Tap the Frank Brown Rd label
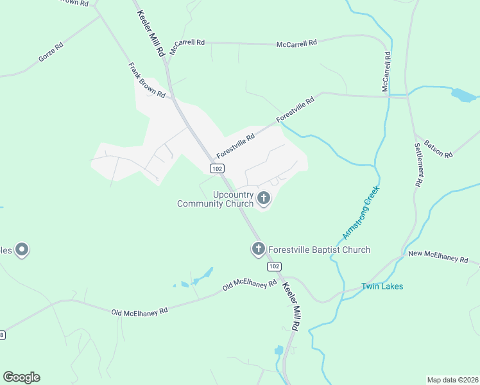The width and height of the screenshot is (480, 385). pos(146,80)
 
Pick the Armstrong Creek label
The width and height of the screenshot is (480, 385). pos(357,214)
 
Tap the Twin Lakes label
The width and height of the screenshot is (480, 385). pos(382,286)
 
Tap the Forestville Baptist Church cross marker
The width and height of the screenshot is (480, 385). pos(259,249)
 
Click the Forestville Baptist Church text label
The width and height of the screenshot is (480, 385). pos(319,250)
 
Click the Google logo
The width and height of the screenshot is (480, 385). pos(21,377)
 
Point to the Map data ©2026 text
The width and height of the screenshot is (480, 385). pos(452,379)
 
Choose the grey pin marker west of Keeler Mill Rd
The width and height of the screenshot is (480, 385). pos(22,250)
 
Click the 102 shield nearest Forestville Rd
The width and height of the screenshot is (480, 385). pos(217,168)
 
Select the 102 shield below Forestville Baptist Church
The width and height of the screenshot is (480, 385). pos(273,266)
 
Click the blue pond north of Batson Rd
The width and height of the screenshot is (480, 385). pos(463,96)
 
